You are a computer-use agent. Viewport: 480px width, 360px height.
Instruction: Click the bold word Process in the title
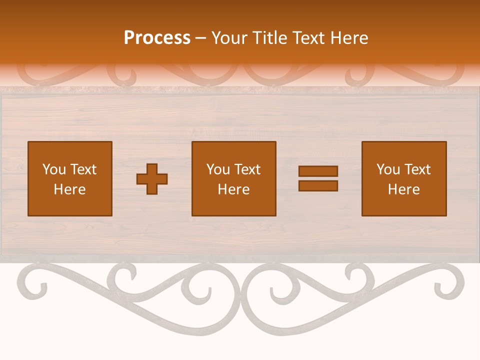click(x=157, y=38)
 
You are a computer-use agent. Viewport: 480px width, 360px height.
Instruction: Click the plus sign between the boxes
click(x=152, y=178)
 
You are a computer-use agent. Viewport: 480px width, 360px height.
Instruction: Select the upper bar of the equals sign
click(x=318, y=171)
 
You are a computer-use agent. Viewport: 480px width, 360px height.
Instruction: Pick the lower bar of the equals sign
click(x=318, y=185)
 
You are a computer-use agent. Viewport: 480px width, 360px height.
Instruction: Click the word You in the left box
click(x=53, y=169)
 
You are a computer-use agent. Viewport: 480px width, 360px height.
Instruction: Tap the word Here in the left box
click(x=69, y=189)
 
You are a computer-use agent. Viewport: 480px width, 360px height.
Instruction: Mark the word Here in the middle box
click(x=233, y=189)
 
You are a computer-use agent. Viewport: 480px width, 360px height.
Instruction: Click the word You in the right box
click(x=387, y=169)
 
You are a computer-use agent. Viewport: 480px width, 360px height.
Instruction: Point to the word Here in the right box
click(x=403, y=189)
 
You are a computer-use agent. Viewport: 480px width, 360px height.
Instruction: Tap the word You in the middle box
click(x=217, y=169)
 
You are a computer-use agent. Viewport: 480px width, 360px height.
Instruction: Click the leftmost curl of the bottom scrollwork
click(x=35, y=287)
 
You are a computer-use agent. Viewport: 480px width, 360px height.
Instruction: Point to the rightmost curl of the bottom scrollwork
click(x=445, y=287)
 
